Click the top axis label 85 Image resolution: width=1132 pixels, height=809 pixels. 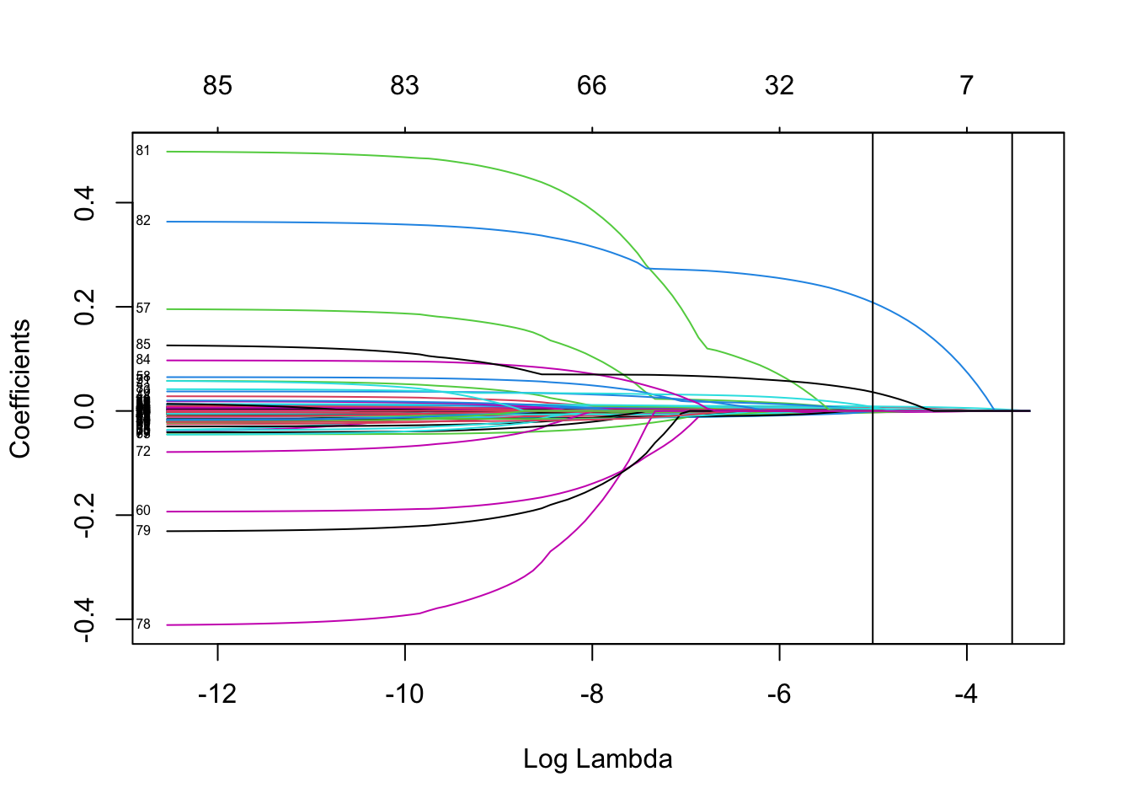(217, 85)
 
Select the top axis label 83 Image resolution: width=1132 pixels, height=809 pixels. (404, 85)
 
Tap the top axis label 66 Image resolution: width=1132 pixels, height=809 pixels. (592, 85)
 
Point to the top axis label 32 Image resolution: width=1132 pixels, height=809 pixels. (779, 85)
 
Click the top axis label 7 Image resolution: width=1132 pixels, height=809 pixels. (966, 85)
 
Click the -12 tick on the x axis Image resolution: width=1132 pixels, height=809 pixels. (217, 694)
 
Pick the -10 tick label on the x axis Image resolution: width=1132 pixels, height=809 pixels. (404, 694)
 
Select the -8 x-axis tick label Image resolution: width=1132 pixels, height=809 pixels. (592, 694)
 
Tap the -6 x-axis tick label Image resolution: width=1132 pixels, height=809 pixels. (779, 694)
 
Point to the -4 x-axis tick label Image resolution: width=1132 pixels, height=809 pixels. (966, 694)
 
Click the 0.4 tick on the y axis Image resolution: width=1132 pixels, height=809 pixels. (84, 203)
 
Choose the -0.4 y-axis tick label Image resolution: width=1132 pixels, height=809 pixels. (84, 619)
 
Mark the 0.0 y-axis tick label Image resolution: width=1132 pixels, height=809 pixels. (84, 410)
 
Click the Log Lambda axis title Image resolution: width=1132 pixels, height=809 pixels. (598, 759)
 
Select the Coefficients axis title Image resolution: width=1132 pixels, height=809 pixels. (20, 388)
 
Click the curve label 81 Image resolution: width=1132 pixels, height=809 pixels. (143, 151)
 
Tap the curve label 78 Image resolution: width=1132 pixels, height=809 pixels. (143, 624)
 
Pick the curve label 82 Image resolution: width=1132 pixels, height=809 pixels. (143, 221)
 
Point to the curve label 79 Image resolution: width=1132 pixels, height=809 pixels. (143, 531)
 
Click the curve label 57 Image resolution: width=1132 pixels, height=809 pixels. (143, 308)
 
